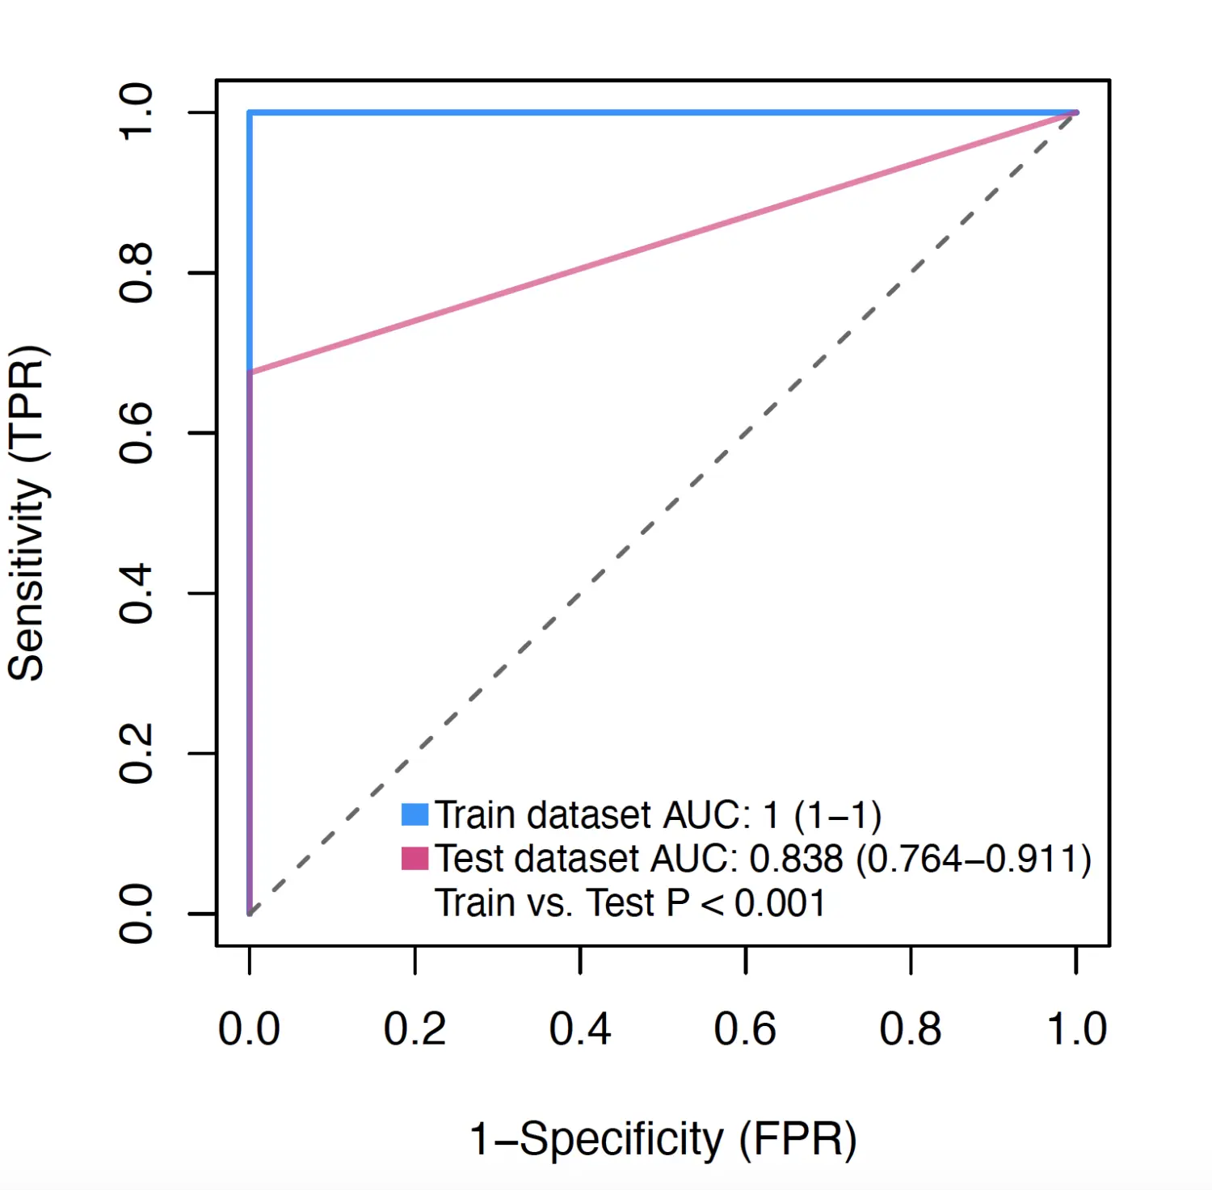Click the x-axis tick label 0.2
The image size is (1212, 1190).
[x=415, y=1029]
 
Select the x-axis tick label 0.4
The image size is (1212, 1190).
[x=579, y=1029]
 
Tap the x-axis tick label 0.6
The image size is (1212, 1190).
[x=745, y=1029]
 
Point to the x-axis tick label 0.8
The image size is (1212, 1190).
[x=911, y=1029]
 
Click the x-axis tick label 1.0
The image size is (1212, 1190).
[x=1076, y=1029]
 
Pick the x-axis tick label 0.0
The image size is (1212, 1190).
[x=250, y=1029]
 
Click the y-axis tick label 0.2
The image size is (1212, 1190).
[x=136, y=753]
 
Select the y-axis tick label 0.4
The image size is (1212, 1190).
[x=136, y=593]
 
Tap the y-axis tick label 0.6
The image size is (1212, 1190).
[x=136, y=433]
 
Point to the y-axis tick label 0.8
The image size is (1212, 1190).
[x=136, y=273]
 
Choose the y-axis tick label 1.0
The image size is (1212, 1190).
[x=136, y=112]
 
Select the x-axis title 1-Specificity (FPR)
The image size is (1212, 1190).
[x=663, y=1139]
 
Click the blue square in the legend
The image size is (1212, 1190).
[x=415, y=814]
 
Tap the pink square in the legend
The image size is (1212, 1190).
[x=415, y=858]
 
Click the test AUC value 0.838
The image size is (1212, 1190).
[x=796, y=859]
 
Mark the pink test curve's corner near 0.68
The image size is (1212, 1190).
[x=250, y=372]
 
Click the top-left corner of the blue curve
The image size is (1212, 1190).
[x=250, y=113]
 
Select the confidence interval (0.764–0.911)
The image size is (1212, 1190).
[x=974, y=859]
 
